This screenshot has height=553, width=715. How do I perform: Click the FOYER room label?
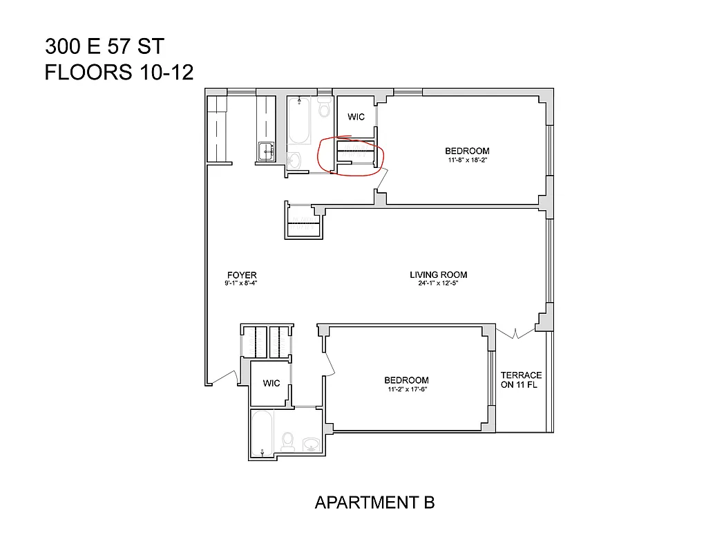click(240, 275)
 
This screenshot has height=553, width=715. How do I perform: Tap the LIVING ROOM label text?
click(439, 275)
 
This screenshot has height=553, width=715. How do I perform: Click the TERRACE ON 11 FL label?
click(521, 380)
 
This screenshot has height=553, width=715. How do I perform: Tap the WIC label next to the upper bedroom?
click(356, 117)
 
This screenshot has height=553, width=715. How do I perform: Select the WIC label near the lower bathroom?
click(271, 383)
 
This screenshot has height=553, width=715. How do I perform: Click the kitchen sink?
click(265, 152)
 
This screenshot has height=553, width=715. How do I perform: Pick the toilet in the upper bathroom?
click(324, 109)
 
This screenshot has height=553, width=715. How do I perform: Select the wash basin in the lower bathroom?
click(311, 444)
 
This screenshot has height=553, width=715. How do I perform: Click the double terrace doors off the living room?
click(515, 333)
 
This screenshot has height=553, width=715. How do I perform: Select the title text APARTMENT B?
click(374, 503)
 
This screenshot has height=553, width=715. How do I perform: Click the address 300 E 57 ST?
click(104, 46)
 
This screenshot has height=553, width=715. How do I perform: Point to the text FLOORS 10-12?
click(119, 72)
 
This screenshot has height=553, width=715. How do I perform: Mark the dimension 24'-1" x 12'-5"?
click(439, 283)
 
